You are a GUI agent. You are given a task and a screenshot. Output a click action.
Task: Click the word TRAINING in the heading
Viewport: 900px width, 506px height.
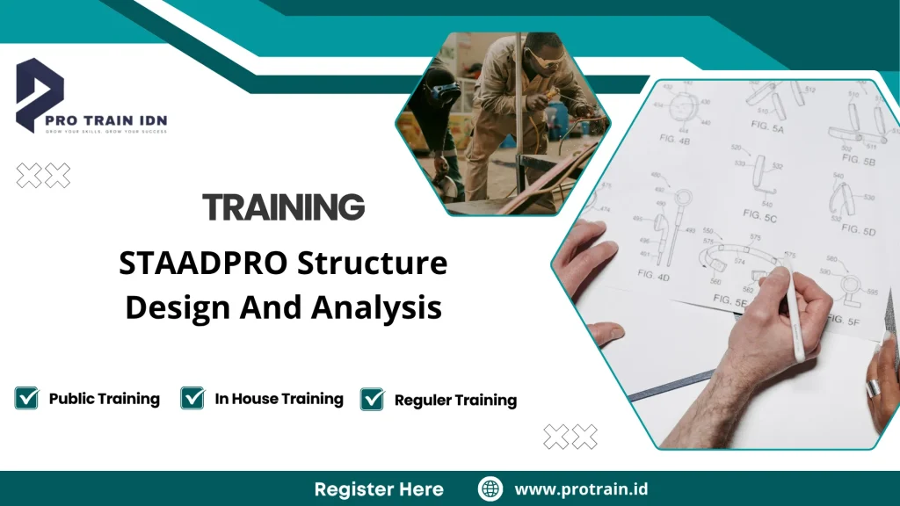tap(283, 207)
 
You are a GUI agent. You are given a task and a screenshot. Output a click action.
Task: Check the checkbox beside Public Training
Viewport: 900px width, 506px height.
tap(27, 398)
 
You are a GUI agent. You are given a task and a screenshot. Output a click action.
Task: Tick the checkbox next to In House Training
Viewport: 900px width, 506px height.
tap(192, 398)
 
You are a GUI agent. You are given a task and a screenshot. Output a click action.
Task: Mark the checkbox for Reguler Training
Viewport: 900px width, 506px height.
tap(373, 400)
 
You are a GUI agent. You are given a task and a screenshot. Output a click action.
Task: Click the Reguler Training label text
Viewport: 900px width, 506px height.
tap(455, 401)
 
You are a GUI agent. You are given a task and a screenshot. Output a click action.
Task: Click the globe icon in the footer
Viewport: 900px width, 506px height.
tap(490, 488)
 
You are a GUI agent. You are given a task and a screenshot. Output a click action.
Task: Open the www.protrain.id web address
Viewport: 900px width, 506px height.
tap(581, 488)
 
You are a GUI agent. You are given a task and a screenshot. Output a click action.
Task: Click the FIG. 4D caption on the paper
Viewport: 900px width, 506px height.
tap(653, 276)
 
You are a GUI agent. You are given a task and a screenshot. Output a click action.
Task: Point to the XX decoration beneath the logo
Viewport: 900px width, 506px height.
tap(43, 176)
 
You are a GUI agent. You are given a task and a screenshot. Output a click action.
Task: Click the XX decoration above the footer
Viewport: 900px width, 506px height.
tap(570, 436)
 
